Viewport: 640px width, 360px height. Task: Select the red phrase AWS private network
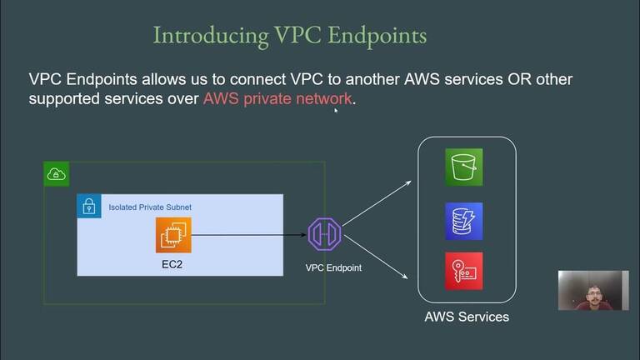(x=277, y=98)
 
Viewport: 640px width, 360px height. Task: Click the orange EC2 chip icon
(x=174, y=234)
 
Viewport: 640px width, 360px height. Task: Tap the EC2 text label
(x=174, y=263)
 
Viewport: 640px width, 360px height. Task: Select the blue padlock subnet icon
(x=89, y=206)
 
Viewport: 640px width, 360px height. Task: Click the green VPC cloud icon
(x=57, y=173)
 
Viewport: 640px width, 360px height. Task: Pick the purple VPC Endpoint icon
(x=324, y=234)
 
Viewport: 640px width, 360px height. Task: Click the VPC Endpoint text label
(x=333, y=268)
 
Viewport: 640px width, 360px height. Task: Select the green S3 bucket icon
(x=463, y=167)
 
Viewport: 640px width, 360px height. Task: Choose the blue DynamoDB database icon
(x=463, y=221)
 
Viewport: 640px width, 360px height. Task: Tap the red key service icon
(x=463, y=271)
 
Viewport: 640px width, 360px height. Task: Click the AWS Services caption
(x=467, y=317)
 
